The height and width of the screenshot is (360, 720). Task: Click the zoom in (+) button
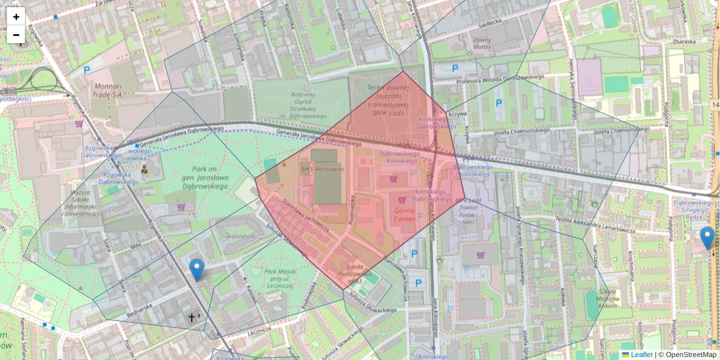tap(16, 17)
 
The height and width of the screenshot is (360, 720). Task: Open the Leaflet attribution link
tap(641, 355)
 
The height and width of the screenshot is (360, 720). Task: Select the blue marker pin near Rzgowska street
tap(196, 269)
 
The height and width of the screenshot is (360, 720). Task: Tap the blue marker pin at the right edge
tap(707, 238)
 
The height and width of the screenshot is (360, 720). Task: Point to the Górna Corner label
tap(404, 215)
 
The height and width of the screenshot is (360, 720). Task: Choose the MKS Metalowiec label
tap(323, 169)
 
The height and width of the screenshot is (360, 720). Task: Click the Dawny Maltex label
tap(482, 43)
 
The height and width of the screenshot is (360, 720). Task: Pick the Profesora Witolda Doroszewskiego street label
tap(500, 78)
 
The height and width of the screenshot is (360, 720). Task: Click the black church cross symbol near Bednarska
tap(193, 317)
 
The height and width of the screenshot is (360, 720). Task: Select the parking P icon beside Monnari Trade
tap(87, 70)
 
